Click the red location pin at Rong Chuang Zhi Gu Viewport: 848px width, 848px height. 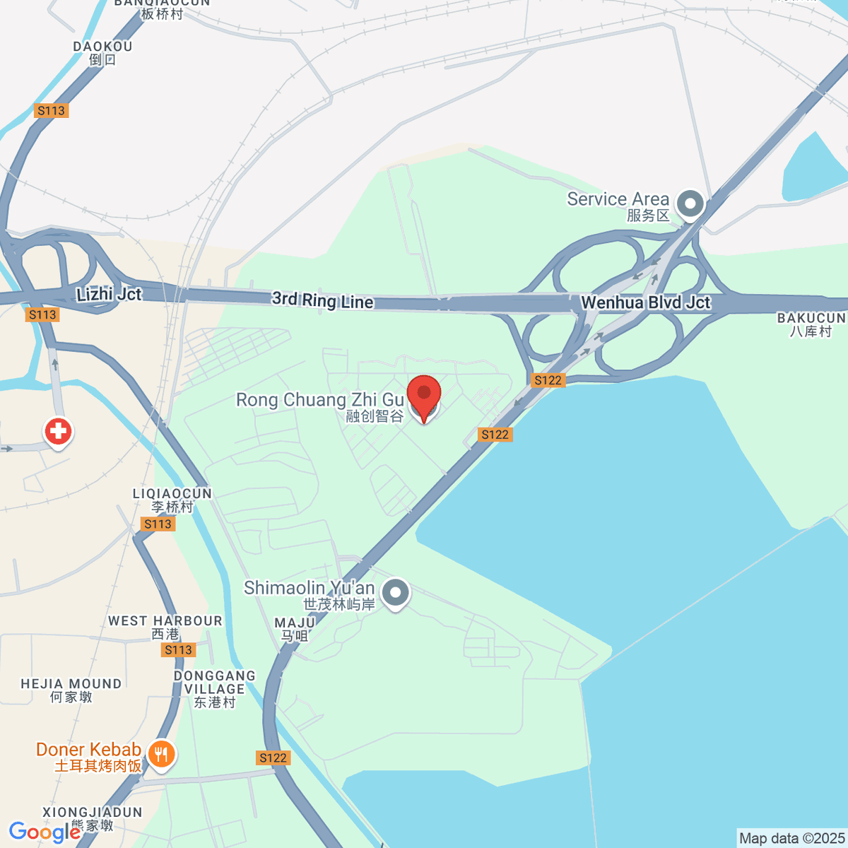[424, 396]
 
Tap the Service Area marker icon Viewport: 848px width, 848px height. [690, 204]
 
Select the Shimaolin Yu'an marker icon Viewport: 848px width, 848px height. [395, 593]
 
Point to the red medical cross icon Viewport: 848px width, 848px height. [58, 431]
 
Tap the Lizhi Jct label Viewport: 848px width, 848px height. [109, 295]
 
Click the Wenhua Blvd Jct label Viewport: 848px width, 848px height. [645, 303]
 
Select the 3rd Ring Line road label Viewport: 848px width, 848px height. [322, 300]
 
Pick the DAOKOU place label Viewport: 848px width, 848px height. [102, 47]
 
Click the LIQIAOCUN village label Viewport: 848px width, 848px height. [172, 494]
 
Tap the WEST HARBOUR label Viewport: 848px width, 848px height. [165, 621]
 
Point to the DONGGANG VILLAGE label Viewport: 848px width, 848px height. [215, 683]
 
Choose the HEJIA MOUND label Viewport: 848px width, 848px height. [71, 684]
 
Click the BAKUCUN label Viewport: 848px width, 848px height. [811, 319]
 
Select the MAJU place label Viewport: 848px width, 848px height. [295, 623]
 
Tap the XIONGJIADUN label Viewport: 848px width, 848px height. [93, 813]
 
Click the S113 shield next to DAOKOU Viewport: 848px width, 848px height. [51, 110]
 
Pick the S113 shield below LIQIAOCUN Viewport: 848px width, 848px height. [158, 524]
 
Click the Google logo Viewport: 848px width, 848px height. [44, 832]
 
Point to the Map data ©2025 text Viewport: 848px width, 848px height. [791, 839]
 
